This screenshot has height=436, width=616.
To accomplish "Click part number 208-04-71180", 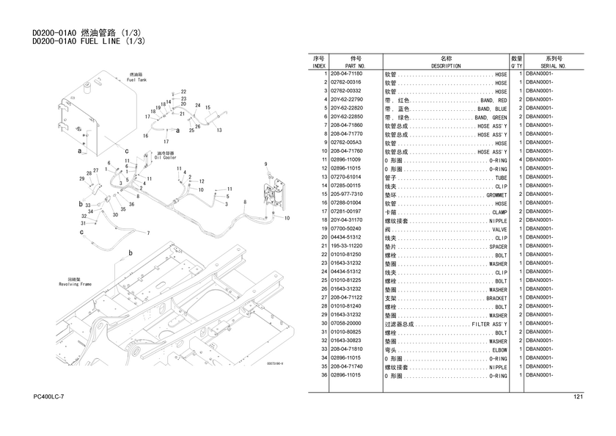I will (x=347, y=74).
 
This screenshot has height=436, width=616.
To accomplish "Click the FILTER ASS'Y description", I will (x=489, y=324).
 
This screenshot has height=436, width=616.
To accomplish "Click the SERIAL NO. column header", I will (x=554, y=65).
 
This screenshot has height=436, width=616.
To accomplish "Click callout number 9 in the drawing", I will (x=265, y=164).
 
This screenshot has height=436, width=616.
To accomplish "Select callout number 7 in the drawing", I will (x=148, y=233).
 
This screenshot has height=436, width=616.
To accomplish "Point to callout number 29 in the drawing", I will (x=81, y=178).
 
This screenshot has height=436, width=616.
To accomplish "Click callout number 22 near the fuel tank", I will (x=183, y=92).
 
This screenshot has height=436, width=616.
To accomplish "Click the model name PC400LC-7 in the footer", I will (x=49, y=397).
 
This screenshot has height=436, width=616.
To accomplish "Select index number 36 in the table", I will (x=323, y=375).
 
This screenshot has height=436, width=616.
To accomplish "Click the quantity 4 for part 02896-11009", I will (x=520, y=160).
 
